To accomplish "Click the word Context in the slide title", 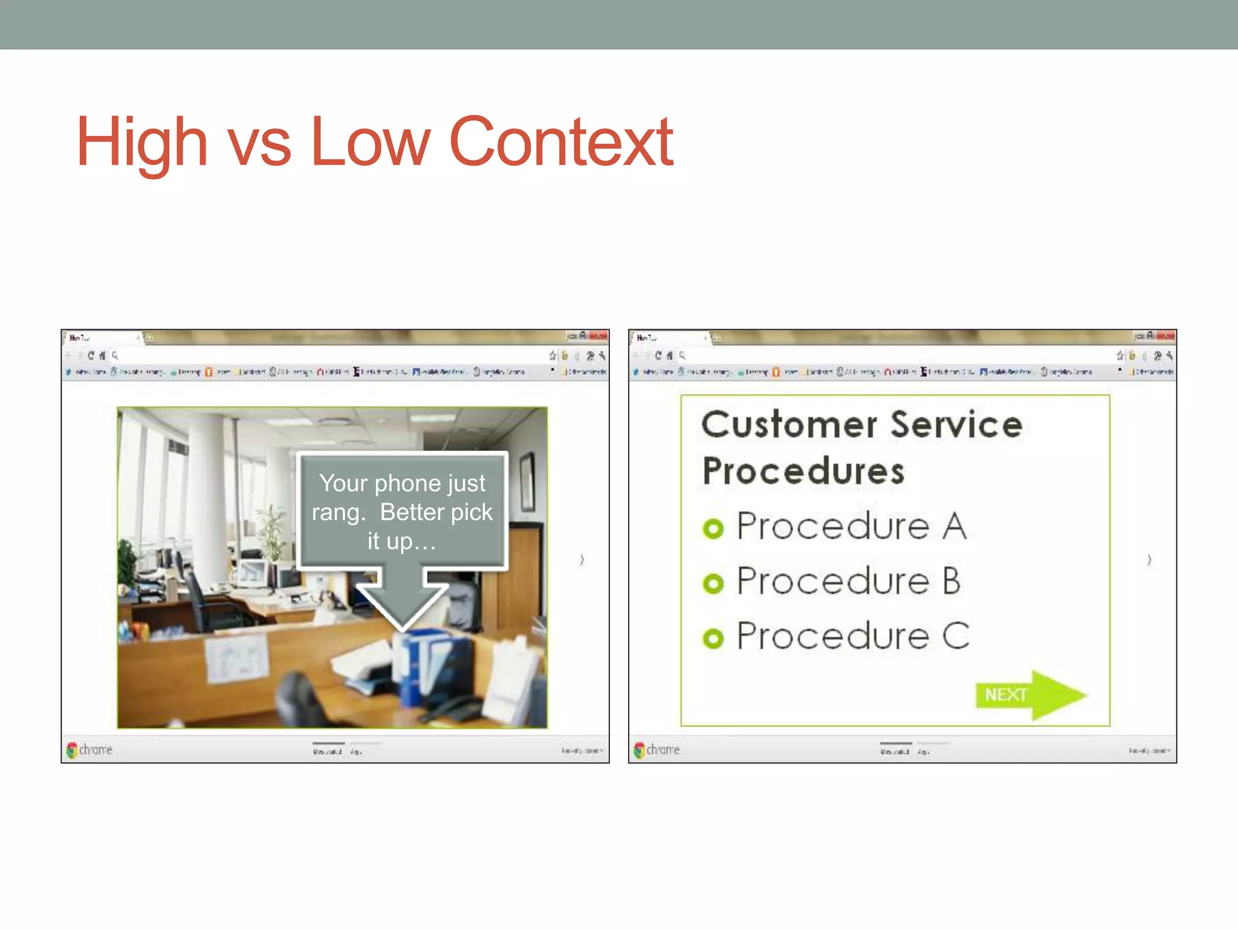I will point(561,143).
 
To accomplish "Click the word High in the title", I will point(142,143).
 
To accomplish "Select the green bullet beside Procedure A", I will point(713,529).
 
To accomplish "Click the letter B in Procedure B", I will point(951,581).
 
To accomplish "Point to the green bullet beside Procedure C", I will point(713,638).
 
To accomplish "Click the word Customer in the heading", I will point(789,425).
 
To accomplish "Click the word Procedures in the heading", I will point(803,472).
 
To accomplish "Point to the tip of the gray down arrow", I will point(403,629).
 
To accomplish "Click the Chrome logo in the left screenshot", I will point(73,750).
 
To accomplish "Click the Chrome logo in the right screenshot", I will point(640,750).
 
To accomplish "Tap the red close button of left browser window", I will point(600,335).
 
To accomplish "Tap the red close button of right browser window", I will point(1167,335).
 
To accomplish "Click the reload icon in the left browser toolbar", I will point(91,356).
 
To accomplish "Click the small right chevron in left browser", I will point(582,560).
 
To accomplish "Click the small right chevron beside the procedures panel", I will point(1149,560).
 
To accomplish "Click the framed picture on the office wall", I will point(527,481).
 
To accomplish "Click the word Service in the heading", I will point(956,425).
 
